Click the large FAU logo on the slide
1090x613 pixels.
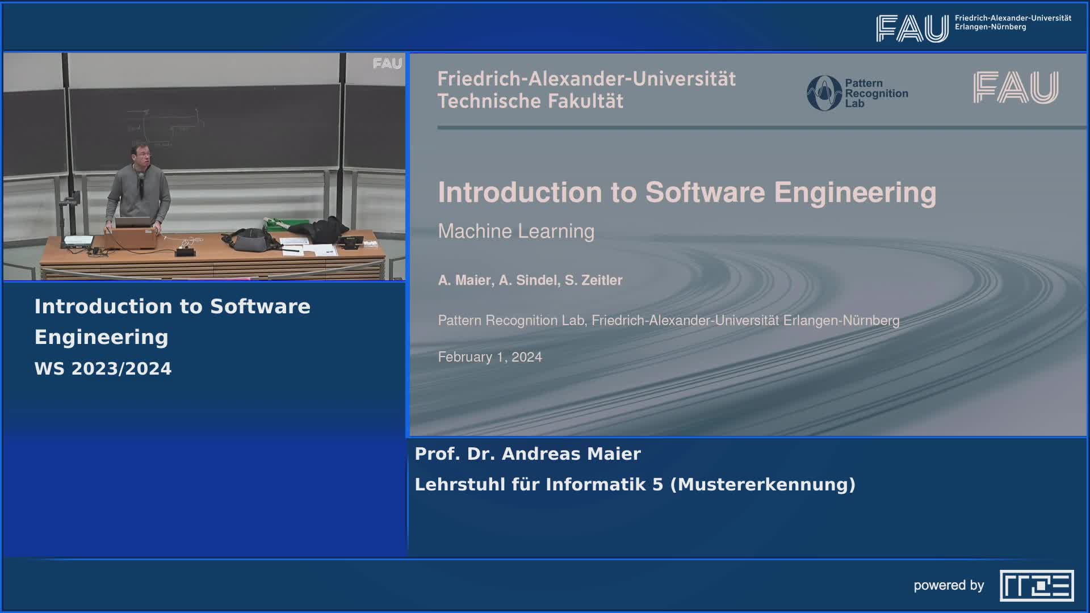click(1016, 87)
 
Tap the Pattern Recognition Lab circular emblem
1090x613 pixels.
click(824, 93)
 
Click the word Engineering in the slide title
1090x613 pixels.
click(855, 192)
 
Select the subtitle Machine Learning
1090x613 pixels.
click(516, 231)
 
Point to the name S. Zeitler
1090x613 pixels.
click(593, 280)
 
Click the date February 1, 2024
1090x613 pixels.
click(490, 357)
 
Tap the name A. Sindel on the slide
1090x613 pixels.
click(527, 280)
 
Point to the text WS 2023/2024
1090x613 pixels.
click(103, 369)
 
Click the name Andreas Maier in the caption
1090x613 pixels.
click(571, 454)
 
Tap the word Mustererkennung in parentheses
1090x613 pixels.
click(763, 485)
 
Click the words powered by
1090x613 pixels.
click(949, 585)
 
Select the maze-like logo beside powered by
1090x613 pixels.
click(1037, 586)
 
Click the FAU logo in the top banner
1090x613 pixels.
click(912, 28)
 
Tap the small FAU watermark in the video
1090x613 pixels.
click(387, 64)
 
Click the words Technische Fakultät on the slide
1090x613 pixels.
click(530, 101)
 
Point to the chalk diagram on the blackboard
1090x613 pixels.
click(165, 127)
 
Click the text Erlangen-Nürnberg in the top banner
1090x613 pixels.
click(990, 27)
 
